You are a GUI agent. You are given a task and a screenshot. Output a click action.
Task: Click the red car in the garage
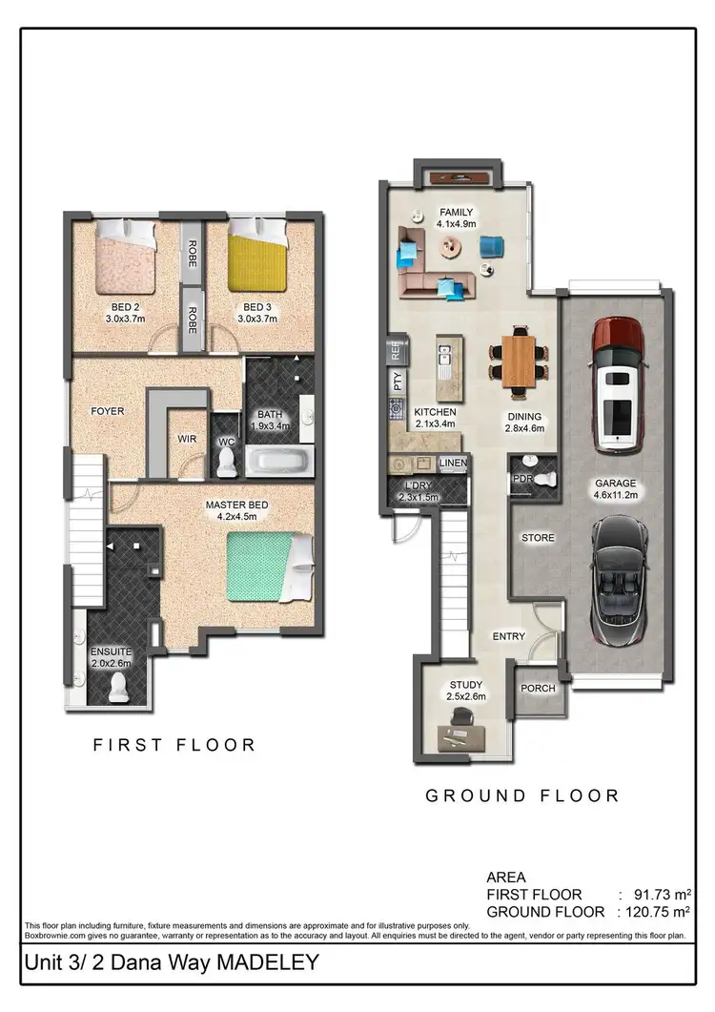tap(618, 384)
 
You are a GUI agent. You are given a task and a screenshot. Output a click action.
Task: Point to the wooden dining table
tap(520, 360)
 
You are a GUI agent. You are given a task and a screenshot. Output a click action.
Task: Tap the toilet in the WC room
tap(227, 462)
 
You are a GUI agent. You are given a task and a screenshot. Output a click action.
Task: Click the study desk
tap(465, 733)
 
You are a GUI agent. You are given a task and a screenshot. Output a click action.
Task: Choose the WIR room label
tap(187, 440)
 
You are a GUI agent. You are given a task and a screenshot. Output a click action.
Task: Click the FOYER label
tap(108, 411)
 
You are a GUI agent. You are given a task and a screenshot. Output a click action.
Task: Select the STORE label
tap(537, 538)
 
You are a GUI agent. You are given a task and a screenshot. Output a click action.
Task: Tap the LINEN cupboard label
tap(454, 464)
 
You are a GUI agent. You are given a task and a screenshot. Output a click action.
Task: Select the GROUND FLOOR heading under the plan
tap(521, 795)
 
